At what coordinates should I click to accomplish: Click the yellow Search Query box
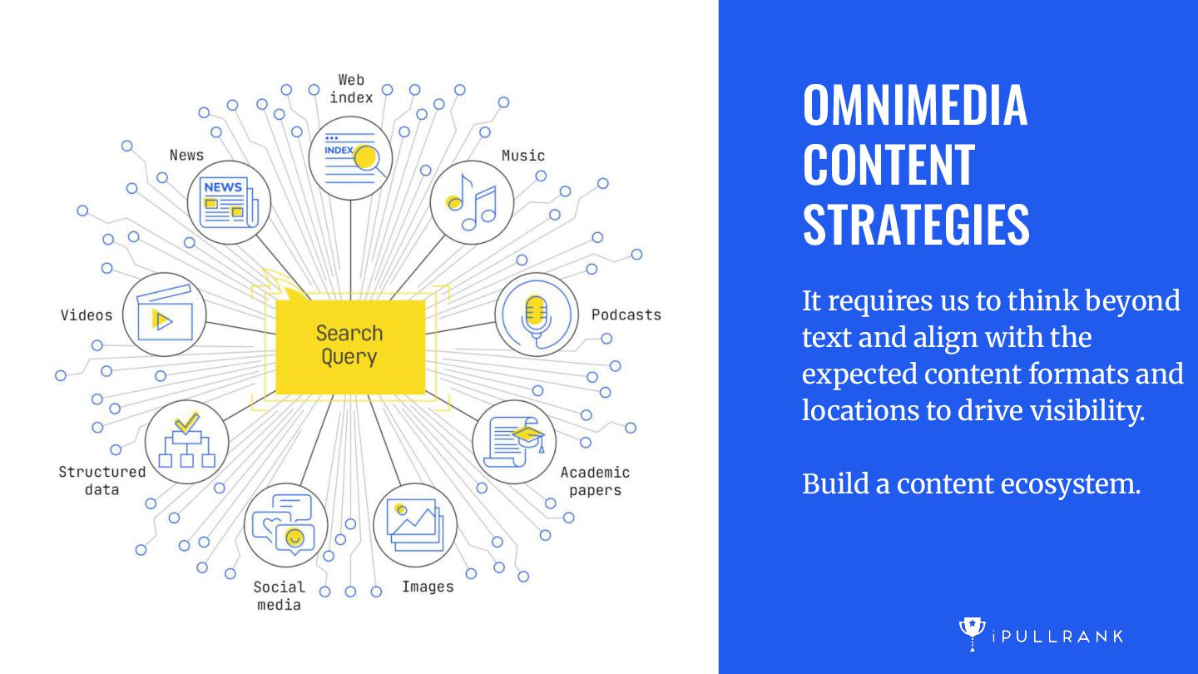pyautogui.click(x=349, y=345)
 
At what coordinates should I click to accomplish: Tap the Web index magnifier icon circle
pyautogui.click(x=350, y=158)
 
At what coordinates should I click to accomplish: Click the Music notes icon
pyautogui.click(x=472, y=202)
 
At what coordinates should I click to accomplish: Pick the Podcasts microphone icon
pyautogui.click(x=537, y=315)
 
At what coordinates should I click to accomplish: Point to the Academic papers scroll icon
pyautogui.click(x=514, y=442)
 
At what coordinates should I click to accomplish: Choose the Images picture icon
pyautogui.click(x=415, y=525)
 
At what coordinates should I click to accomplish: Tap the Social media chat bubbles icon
pyautogui.click(x=285, y=525)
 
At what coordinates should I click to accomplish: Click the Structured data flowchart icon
pyautogui.click(x=186, y=442)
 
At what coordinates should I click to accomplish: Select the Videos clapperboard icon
pyautogui.click(x=165, y=315)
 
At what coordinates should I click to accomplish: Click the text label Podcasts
pyautogui.click(x=626, y=315)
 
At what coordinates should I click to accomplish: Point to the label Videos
pyautogui.click(x=86, y=315)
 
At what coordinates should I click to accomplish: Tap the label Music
pyautogui.click(x=522, y=156)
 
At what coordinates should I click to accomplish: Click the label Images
pyautogui.click(x=428, y=587)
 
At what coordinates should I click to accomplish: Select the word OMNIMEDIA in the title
pyautogui.click(x=915, y=106)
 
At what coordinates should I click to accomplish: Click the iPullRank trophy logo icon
pyautogui.click(x=972, y=634)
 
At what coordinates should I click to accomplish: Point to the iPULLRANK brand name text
pyautogui.click(x=1057, y=637)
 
